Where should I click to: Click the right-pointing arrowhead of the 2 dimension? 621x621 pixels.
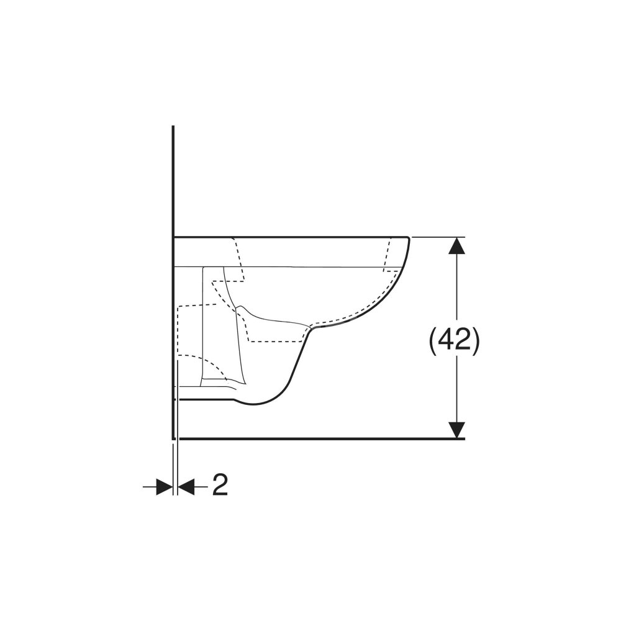[x=165, y=486]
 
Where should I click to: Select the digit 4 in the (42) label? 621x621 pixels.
[x=445, y=340]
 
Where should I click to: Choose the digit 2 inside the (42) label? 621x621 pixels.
[x=463, y=340]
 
